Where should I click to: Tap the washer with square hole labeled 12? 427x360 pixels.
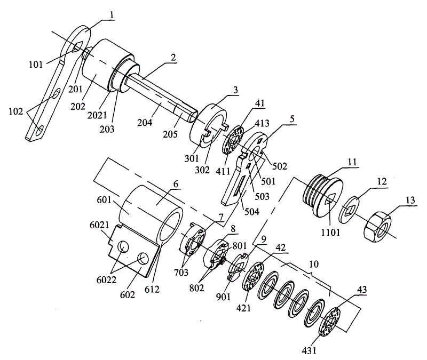point(349,210)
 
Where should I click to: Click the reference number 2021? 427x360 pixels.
point(97,115)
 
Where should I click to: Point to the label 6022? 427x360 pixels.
point(106,279)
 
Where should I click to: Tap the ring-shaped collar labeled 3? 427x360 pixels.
point(208,125)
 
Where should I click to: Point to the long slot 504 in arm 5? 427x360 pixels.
point(238,186)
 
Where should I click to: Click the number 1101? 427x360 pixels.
point(330,233)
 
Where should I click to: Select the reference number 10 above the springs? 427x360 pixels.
point(314,264)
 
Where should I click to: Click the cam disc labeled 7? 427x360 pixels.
point(193,239)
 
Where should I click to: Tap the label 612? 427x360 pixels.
point(152,289)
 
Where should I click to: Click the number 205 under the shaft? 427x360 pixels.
point(170,134)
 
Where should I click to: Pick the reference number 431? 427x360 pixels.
point(310,350)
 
